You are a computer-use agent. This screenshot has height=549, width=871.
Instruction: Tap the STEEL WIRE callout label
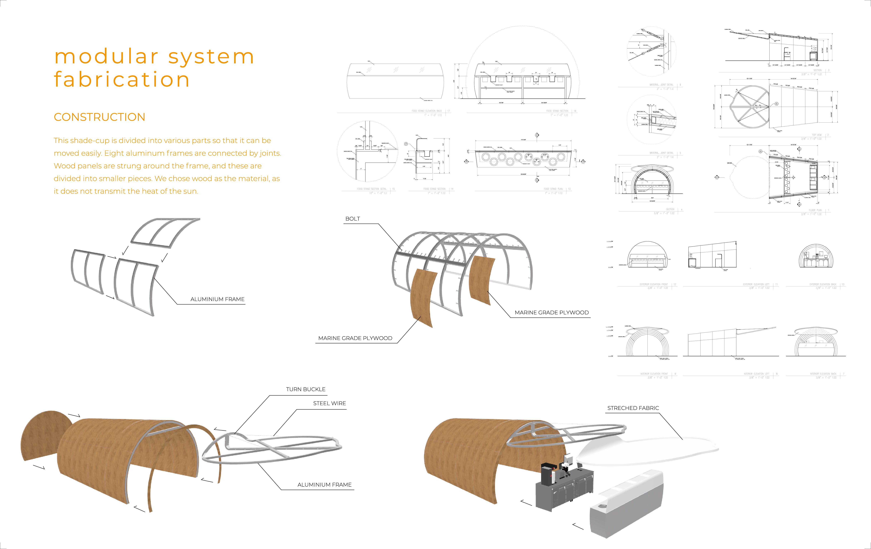tap(330, 403)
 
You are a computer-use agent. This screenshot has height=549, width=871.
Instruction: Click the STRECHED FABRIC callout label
tap(633, 408)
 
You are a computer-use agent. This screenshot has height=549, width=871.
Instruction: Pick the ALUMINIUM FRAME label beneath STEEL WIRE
tap(324, 485)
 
